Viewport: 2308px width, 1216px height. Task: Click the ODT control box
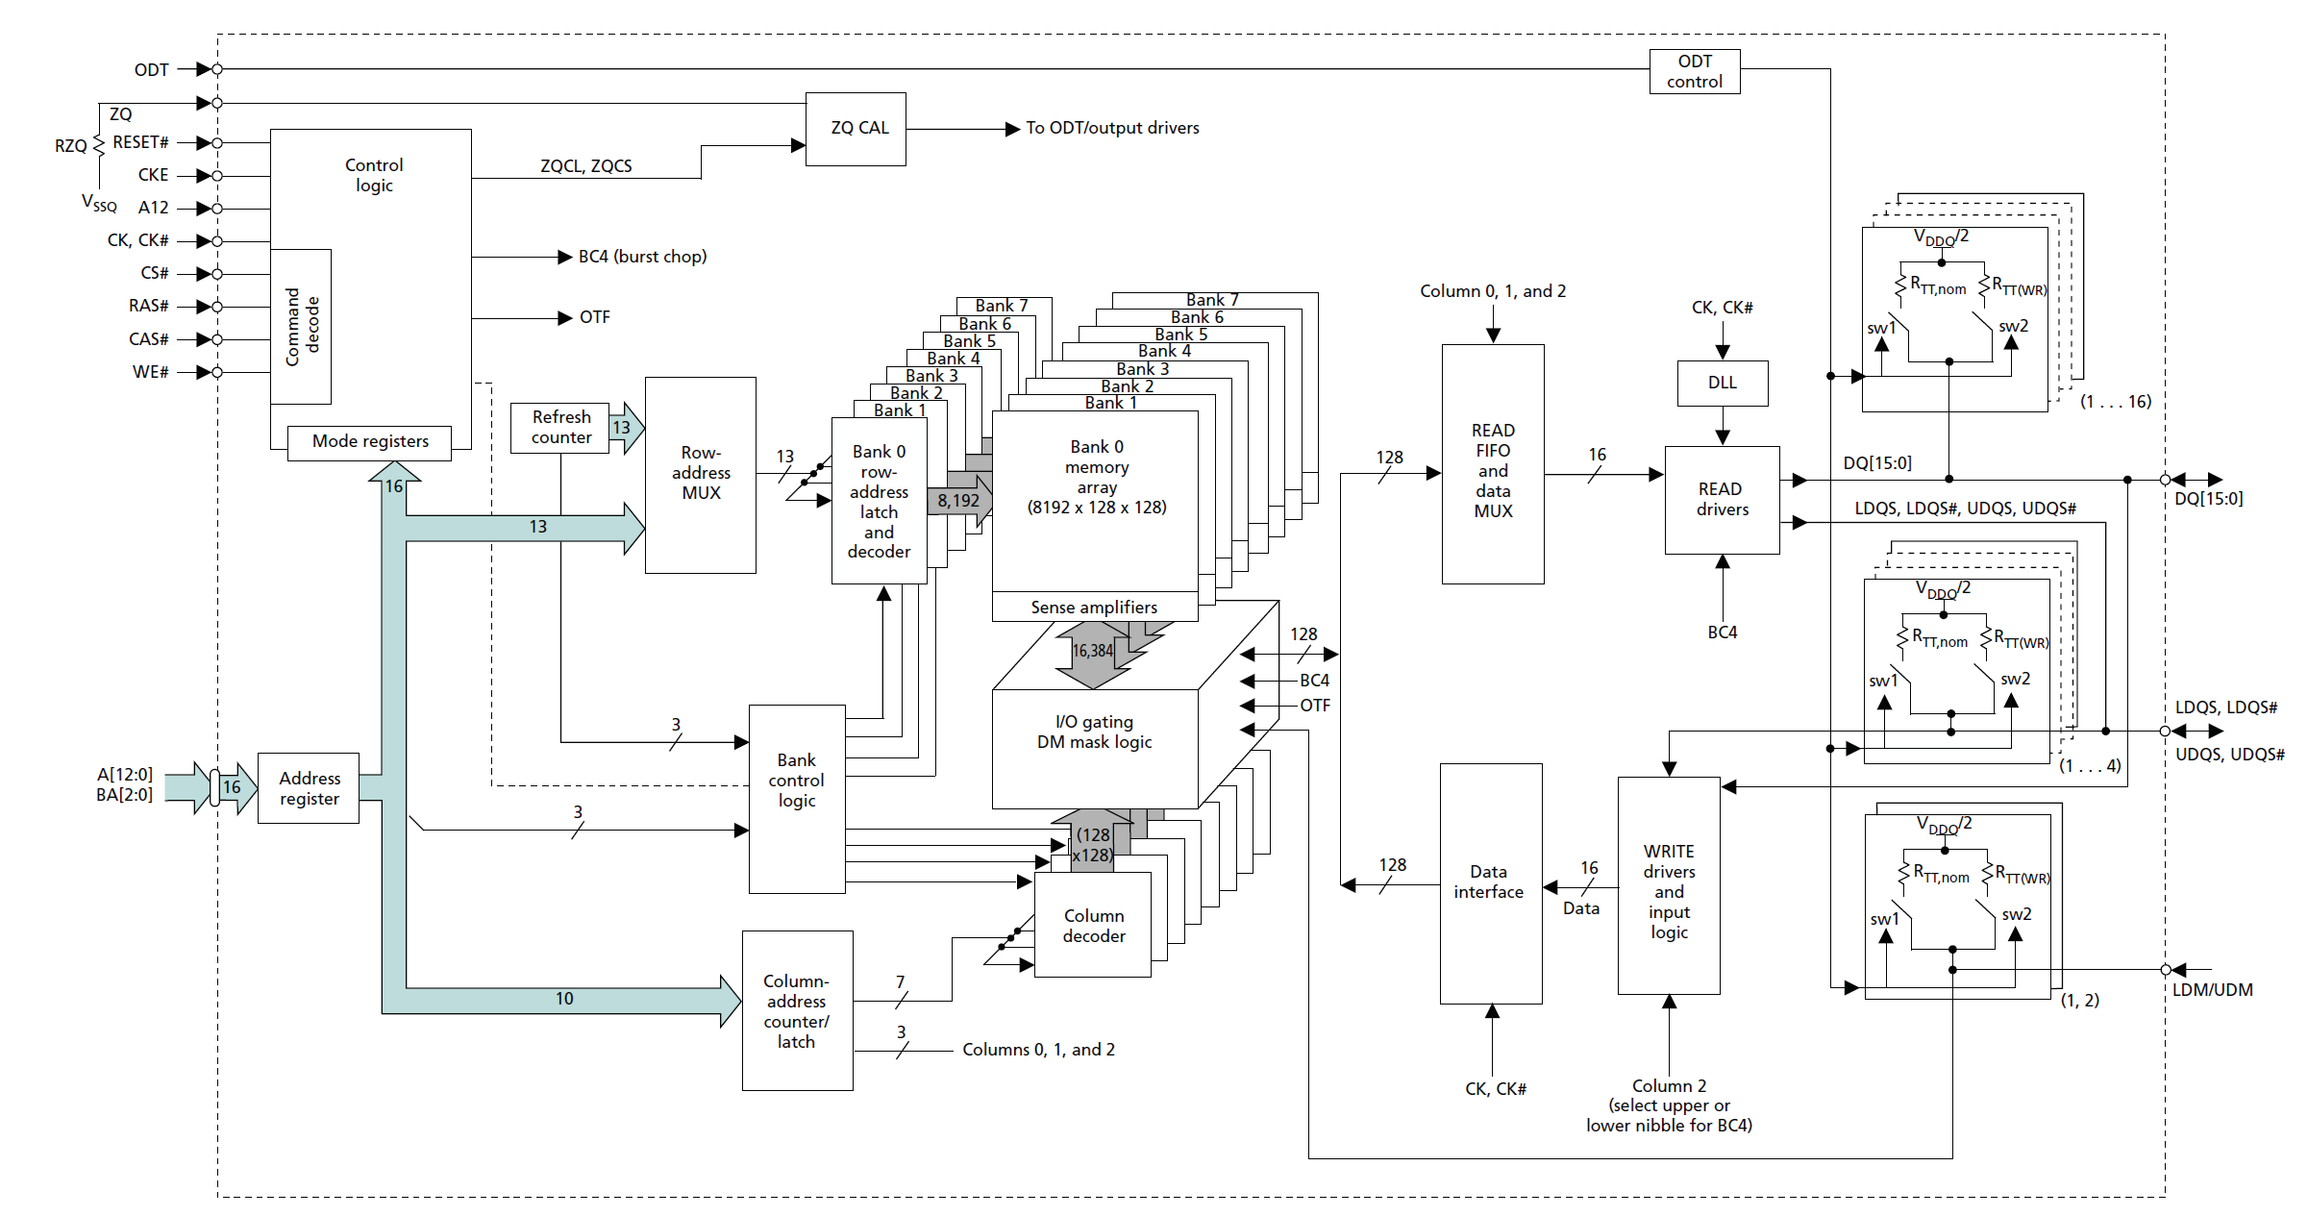[1694, 71]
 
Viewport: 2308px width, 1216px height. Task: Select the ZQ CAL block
[856, 128]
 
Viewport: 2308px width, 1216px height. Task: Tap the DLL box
[1722, 383]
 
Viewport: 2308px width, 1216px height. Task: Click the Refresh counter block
[560, 428]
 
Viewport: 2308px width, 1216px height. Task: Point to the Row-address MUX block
[700, 474]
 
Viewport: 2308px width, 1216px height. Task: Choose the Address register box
[309, 788]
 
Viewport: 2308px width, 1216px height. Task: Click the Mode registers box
[370, 441]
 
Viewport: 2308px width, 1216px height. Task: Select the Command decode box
[302, 327]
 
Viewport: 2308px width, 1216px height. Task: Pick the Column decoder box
[1093, 926]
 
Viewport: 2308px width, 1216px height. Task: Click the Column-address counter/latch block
[797, 1010]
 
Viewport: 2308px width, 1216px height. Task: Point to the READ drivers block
[1722, 500]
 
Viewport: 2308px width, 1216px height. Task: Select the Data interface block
[1490, 882]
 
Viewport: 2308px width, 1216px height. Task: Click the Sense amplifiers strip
[1094, 608]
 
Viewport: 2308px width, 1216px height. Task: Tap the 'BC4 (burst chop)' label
[642, 257]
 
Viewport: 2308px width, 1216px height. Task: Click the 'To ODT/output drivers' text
[1112, 128]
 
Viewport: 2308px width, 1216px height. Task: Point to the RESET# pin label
[140, 142]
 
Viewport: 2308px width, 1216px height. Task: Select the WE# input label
[150, 372]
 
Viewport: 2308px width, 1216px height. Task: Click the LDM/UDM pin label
[2212, 989]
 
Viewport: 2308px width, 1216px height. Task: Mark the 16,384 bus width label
[1092, 651]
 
